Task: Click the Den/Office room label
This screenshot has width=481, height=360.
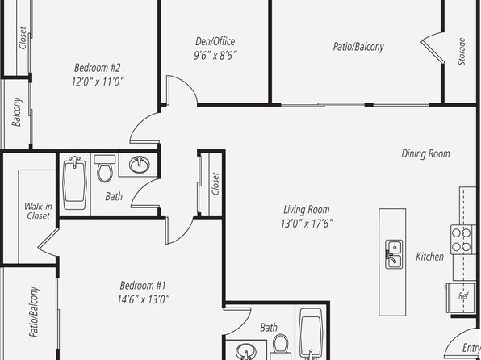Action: pos(215,41)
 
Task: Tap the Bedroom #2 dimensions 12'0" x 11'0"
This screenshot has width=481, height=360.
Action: pos(98,82)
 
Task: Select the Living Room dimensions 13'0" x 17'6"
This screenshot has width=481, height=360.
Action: pos(307,224)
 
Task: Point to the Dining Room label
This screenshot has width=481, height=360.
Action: pos(426,153)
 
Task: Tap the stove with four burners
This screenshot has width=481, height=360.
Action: pos(462,240)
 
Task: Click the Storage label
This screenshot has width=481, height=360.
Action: pos(462,52)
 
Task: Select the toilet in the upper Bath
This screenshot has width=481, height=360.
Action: pos(105,169)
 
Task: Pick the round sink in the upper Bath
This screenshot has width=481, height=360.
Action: pos(140,164)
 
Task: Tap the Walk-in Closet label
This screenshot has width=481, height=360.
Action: pos(38,211)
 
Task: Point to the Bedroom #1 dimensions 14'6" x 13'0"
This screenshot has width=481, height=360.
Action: pos(144,299)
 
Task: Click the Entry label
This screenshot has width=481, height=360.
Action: pos(471,348)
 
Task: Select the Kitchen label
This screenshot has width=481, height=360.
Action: pos(429,257)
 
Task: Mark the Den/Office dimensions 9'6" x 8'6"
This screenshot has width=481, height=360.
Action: pos(215,55)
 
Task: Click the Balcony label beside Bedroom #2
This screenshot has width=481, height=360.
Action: pos(17,112)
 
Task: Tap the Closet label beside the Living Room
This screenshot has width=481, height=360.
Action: pos(215,184)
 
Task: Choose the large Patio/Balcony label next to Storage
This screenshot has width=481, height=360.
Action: pos(358,47)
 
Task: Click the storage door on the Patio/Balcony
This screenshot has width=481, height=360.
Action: pos(433,48)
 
